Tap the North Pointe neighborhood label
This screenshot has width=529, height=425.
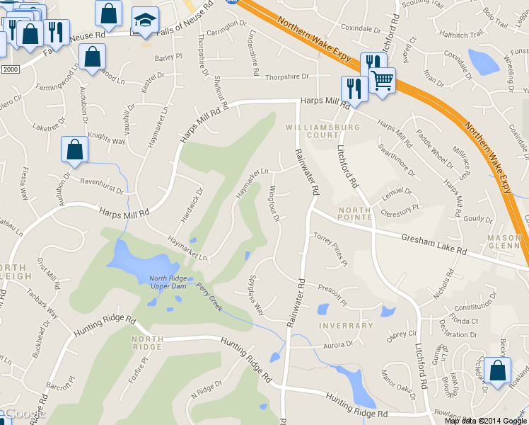pyautogui.click(x=354, y=215)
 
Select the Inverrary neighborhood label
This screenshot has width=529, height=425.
pyautogui.click(x=346, y=326)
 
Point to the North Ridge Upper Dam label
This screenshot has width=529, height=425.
pyautogui.click(x=168, y=282)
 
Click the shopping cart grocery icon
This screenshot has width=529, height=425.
pyautogui.click(x=383, y=80)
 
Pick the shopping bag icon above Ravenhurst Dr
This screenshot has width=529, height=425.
pyautogui.click(x=75, y=149)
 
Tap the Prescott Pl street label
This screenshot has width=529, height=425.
pyautogui.click(x=332, y=293)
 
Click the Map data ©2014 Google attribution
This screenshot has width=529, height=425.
pyautogui.click(x=486, y=420)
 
